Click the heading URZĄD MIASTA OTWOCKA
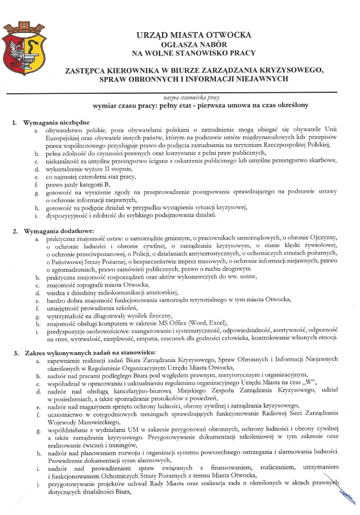(193, 35)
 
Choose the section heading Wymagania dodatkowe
(55, 231)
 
